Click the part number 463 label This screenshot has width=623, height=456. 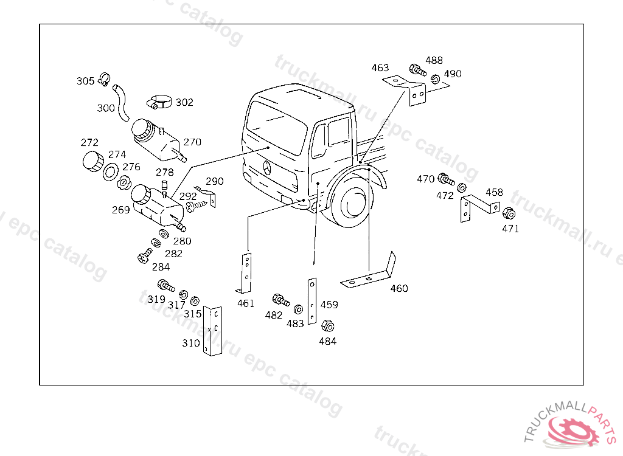tap(380, 67)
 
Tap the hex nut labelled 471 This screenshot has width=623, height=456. tap(509, 214)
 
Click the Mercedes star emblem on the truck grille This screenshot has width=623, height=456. tap(268, 167)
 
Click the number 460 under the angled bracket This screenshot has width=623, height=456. tap(399, 288)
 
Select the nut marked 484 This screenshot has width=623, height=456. tap(327, 326)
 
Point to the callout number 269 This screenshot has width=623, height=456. tap(120, 210)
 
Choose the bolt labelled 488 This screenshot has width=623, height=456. tap(417, 69)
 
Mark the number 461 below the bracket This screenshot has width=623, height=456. tap(246, 303)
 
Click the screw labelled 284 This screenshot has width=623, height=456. tap(145, 256)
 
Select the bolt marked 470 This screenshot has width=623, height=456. tap(445, 179)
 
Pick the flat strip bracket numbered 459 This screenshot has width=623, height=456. tap(312, 300)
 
